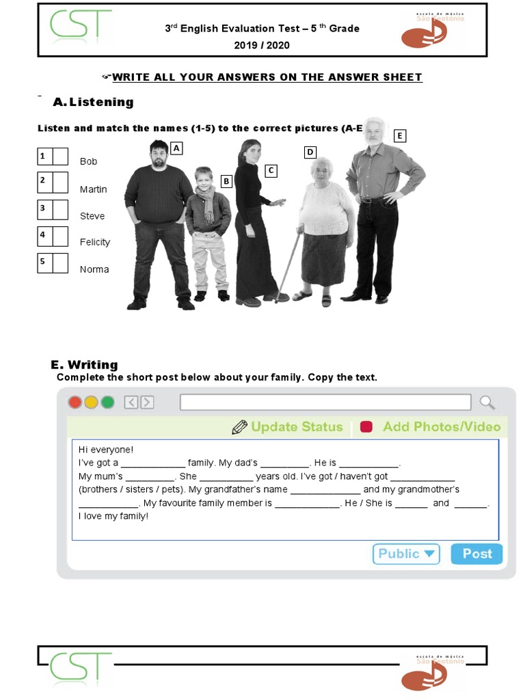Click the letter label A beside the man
tap(176, 148)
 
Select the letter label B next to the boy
tap(226, 181)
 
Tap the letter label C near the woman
tap(271, 170)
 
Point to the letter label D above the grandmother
tap(310, 152)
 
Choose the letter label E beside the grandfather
tap(399, 135)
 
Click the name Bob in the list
tap(88, 161)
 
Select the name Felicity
tap(94, 242)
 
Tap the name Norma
tap(94, 269)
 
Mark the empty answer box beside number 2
tap(61, 183)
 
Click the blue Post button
tap(476, 554)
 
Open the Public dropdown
tap(406, 554)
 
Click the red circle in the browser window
tap(75, 402)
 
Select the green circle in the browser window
tap(107, 402)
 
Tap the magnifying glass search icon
tap(487, 402)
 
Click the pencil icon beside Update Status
tap(239, 427)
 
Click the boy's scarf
tap(207, 205)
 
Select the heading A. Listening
tap(93, 102)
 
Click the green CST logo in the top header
tap(80, 25)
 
